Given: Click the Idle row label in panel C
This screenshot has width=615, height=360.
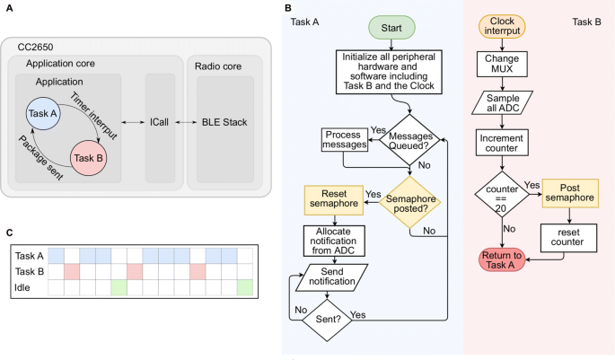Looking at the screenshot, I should pyautogui.click(x=24, y=287).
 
